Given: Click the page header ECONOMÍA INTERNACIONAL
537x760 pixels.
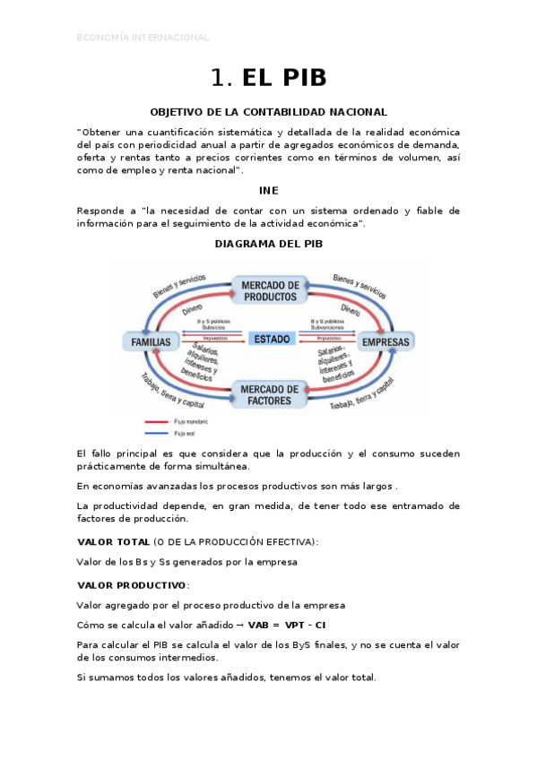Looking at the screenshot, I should (143, 38).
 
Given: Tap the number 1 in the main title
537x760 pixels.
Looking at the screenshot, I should (220, 78).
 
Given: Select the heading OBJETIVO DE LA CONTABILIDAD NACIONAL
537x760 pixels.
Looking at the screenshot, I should (268, 112).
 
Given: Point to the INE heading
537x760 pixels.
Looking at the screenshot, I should (268, 190).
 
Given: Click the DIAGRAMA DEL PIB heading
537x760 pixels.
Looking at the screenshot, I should (268, 243).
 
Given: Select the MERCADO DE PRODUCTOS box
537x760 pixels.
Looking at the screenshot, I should (270, 290).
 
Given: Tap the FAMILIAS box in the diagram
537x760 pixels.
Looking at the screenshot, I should (151, 342).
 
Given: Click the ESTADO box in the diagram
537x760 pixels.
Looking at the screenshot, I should (272, 340).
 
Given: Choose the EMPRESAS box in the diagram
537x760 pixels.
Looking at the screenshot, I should (385, 342).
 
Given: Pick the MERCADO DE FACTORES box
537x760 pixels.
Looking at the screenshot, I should (270, 394).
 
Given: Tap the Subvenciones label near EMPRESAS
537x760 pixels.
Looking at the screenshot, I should (326, 327).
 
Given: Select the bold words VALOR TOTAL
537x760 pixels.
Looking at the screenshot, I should (114, 542).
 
